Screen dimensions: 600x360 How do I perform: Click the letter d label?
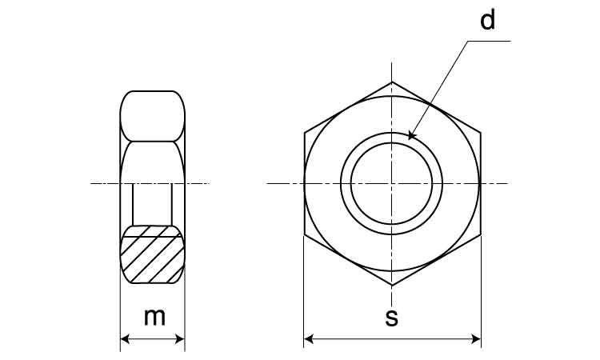487,20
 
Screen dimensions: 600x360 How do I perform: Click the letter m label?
154,317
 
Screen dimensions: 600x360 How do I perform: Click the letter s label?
392,318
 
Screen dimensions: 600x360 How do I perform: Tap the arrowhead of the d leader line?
411,135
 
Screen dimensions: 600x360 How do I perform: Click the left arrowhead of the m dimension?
125,339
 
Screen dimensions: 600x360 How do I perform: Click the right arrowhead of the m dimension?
180,339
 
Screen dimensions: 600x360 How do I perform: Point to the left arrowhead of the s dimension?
309,339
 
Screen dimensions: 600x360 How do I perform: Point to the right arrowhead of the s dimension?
476,339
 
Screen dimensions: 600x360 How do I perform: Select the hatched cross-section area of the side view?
152,254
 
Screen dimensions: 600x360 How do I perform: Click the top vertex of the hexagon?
392,82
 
